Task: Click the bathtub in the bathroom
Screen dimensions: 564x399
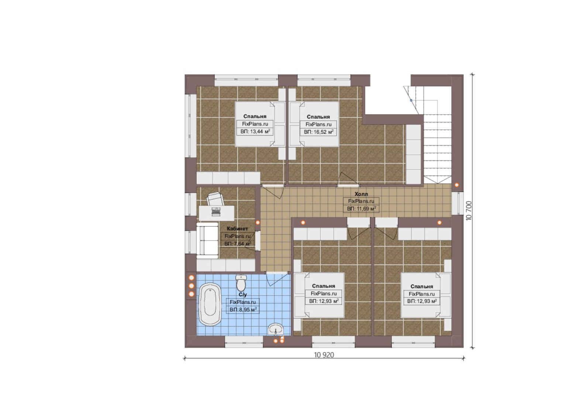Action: click(x=210, y=304)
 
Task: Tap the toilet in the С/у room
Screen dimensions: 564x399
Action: click(x=241, y=282)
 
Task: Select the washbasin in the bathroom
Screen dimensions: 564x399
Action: click(x=276, y=329)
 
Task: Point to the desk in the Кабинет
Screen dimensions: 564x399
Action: click(x=217, y=213)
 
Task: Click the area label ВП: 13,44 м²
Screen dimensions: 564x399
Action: click(x=255, y=132)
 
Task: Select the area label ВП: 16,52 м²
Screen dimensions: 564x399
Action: click(x=319, y=132)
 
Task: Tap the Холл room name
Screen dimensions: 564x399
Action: click(x=361, y=194)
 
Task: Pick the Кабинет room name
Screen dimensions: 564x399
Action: click(x=237, y=229)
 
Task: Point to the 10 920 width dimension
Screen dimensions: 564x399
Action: click(x=324, y=355)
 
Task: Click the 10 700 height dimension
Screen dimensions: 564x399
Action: click(x=468, y=211)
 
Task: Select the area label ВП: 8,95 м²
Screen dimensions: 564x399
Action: click(x=243, y=310)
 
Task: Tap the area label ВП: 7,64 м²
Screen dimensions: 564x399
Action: click(x=238, y=244)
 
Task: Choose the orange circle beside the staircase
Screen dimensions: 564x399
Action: click(x=457, y=185)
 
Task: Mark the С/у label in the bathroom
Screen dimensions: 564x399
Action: click(x=243, y=295)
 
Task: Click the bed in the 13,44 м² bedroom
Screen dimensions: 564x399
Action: click(x=260, y=124)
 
